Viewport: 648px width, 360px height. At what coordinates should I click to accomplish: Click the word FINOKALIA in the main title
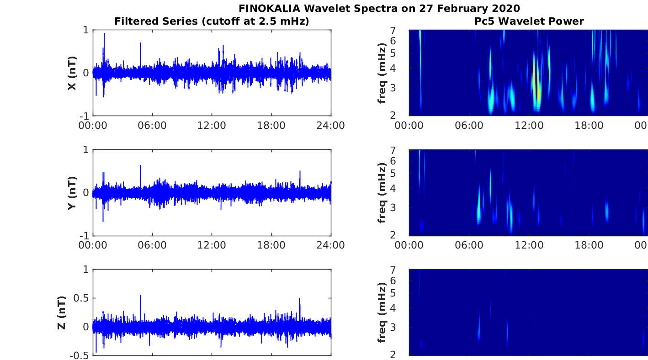click(269, 8)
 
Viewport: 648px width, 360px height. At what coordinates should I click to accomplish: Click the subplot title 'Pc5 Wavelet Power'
click(529, 21)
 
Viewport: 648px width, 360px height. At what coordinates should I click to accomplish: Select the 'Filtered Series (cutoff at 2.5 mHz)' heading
click(212, 21)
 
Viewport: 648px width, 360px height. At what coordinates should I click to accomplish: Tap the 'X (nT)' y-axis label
click(72, 73)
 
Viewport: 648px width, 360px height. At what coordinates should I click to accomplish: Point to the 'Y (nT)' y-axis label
click(72, 193)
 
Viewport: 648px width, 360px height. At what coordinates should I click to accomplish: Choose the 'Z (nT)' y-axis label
click(62, 312)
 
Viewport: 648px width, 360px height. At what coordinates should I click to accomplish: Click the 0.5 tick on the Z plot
click(81, 298)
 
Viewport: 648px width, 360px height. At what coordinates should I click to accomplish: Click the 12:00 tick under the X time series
click(212, 126)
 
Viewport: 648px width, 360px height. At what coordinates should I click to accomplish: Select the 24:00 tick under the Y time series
click(330, 245)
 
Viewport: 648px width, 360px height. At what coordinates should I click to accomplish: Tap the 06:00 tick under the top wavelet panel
click(469, 126)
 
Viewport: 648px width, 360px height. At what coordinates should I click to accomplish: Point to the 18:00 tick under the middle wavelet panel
click(589, 245)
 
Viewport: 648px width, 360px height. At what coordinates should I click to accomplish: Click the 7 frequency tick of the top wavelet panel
click(393, 30)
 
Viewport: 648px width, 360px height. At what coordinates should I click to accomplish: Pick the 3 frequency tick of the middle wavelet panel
click(393, 207)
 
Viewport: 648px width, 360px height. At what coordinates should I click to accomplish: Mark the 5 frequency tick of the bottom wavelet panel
click(393, 293)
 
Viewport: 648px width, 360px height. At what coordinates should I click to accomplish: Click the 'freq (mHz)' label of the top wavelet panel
click(382, 73)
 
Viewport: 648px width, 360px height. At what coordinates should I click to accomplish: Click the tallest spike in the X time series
click(105, 34)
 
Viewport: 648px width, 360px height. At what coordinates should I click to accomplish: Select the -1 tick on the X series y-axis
click(84, 116)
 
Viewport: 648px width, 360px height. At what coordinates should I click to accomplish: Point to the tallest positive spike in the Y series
click(141, 166)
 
